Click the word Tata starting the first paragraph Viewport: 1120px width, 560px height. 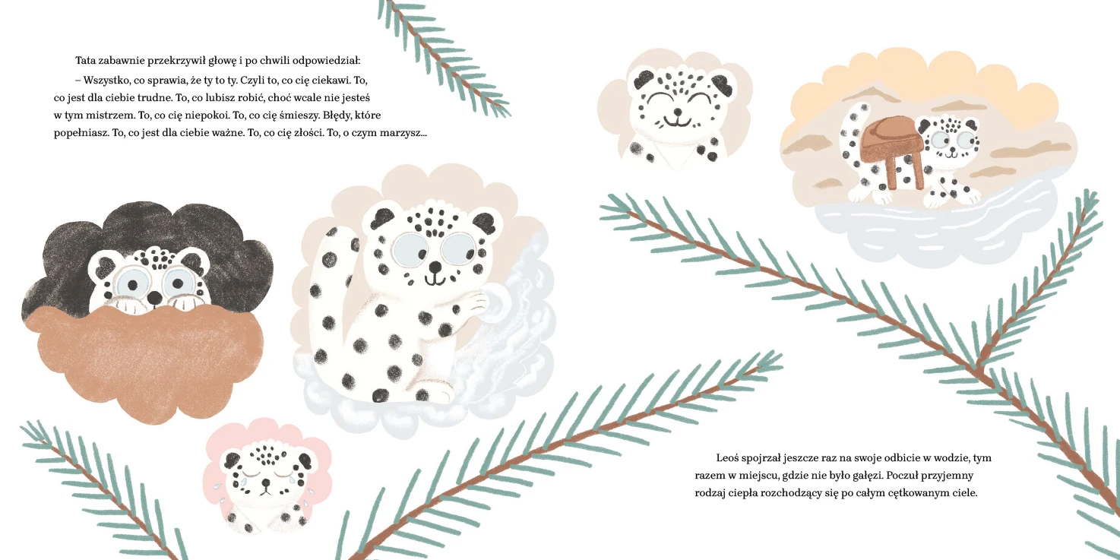coord(85,61)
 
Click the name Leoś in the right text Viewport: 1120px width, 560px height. coord(727,457)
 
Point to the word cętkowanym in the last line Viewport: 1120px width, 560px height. coord(913,493)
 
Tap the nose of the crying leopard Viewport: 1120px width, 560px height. coord(267,483)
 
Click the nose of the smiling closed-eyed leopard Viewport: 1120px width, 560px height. coord(677,112)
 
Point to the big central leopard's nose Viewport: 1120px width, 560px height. coord(435,267)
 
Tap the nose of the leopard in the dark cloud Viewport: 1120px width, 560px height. coord(156,298)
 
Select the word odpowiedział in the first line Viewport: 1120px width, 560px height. coord(326,61)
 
